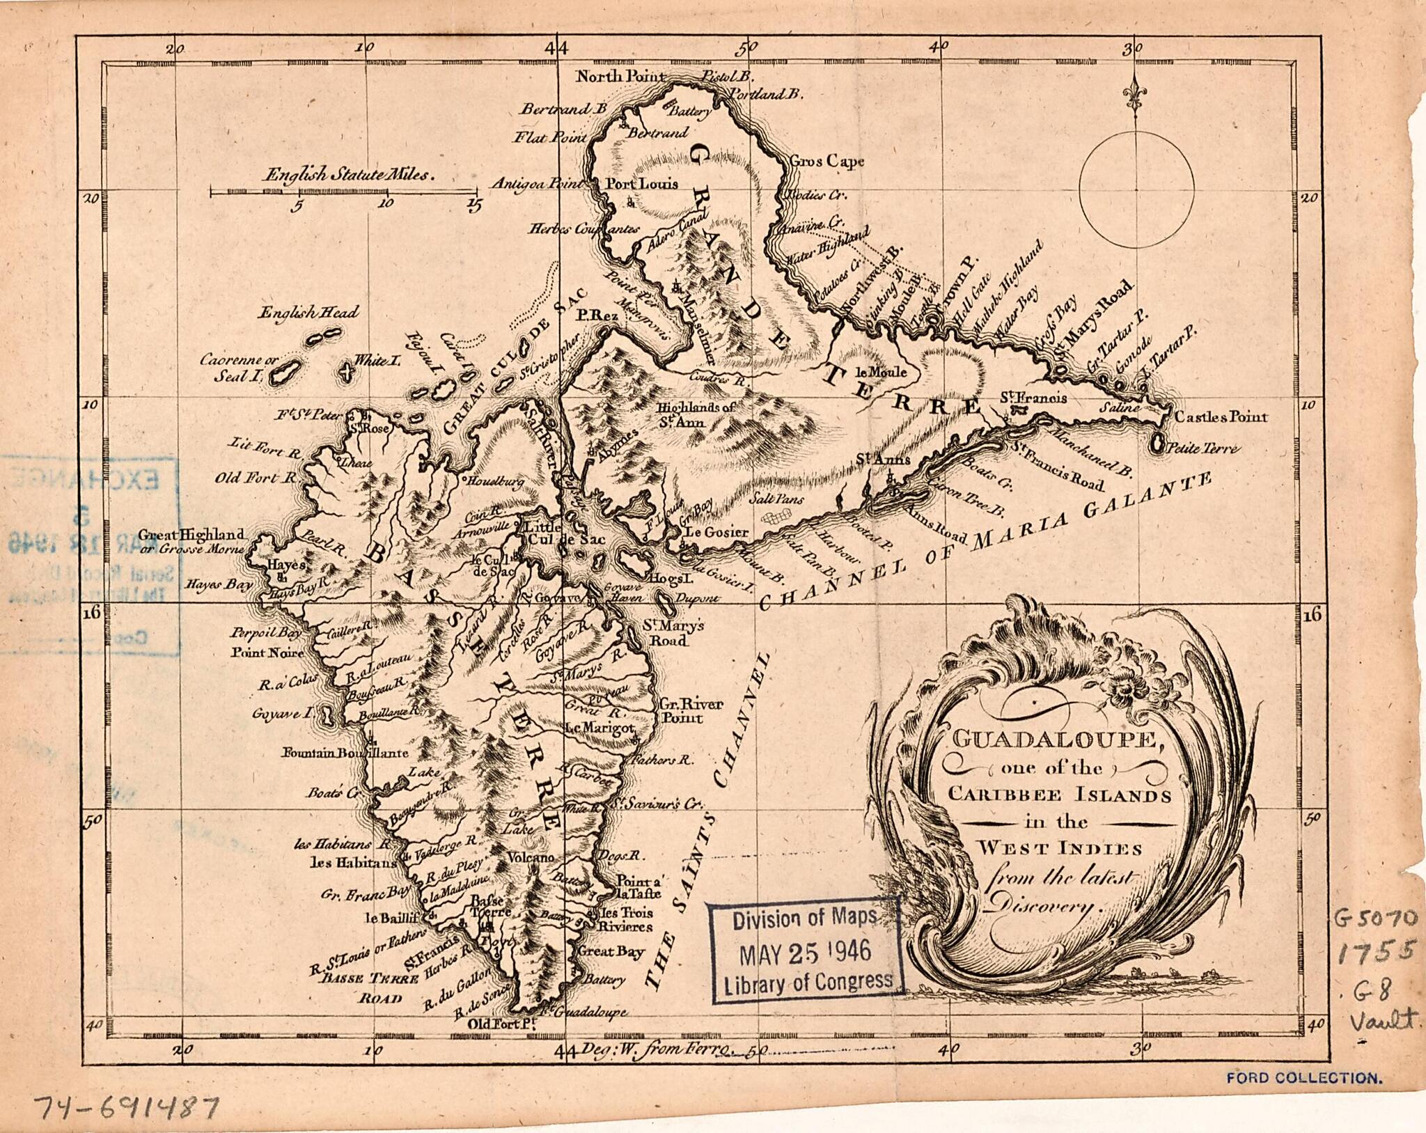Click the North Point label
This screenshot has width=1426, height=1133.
(x=620, y=77)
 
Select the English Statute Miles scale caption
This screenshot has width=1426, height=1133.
(x=348, y=175)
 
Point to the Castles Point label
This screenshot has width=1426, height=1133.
(x=1221, y=417)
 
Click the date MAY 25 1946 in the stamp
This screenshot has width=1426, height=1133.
(x=804, y=951)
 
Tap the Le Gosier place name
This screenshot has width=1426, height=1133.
(x=717, y=532)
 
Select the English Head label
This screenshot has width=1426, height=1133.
(x=308, y=313)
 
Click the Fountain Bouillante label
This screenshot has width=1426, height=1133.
(x=345, y=753)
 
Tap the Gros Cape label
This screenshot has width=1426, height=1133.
(x=826, y=162)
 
